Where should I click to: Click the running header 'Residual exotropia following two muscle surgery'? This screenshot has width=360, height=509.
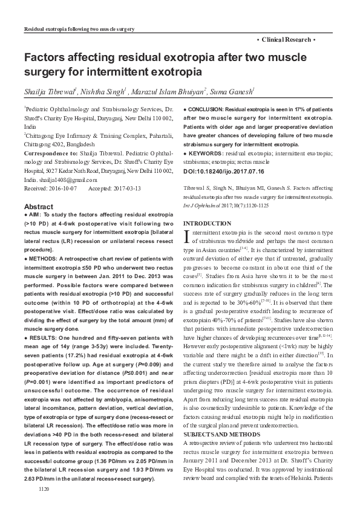(78, 29)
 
